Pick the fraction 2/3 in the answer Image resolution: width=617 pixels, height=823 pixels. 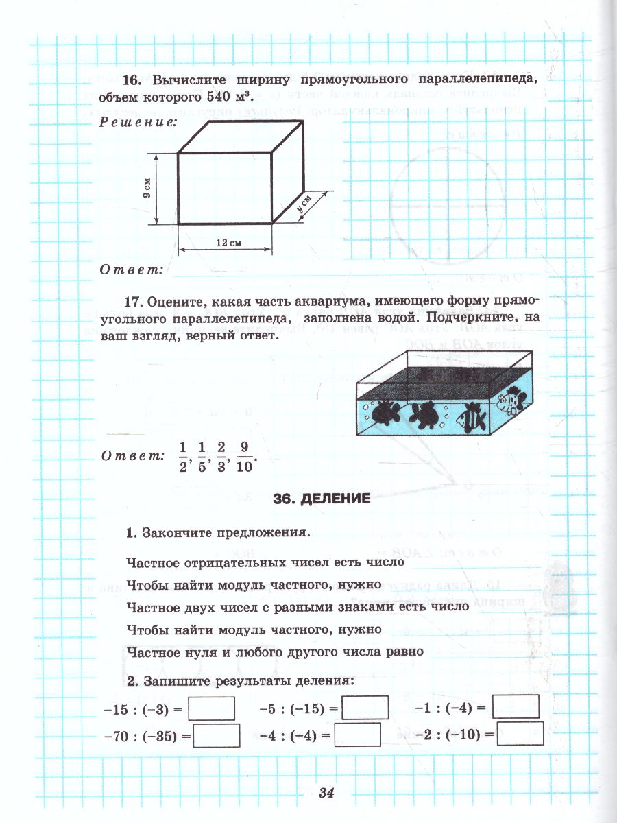pyautogui.click(x=221, y=457)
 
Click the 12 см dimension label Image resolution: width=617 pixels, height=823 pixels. pyautogui.click(x=229, y=243)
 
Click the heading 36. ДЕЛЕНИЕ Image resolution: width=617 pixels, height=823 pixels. pyautogui.click(x=322, y=499)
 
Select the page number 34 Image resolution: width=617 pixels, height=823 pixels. pyautogui.click(x=326, y=794)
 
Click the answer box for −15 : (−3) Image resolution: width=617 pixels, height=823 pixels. pyautogui.click(x=211, y=708)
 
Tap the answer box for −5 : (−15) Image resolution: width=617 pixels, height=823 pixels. pyautogui.click(x=365, y=708)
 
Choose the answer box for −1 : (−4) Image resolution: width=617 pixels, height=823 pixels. pyautogui.click(x=516, y=707)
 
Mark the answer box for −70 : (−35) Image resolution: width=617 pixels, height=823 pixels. pyautogui.click(x=217, y=736)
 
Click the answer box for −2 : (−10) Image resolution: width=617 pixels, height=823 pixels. pyautogui.click(x=521, y=734)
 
